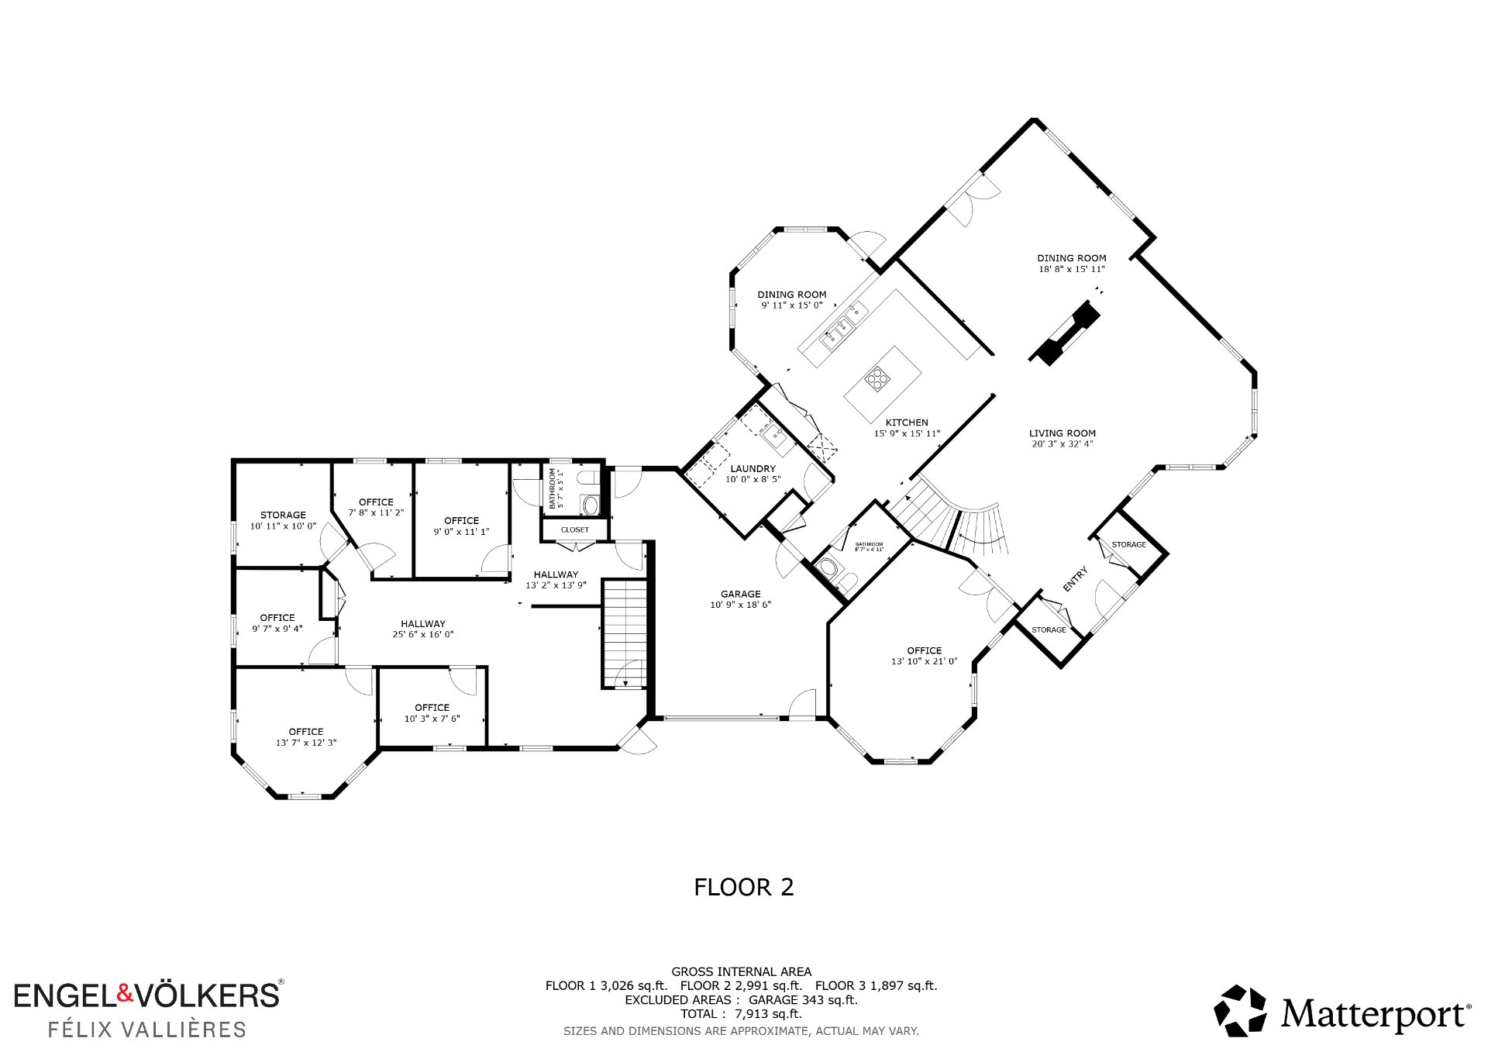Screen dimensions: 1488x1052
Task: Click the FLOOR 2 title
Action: coord(744,887)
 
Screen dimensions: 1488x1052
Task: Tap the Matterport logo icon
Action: coord(1240,1011)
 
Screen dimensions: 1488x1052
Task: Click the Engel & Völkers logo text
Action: coord(148,995)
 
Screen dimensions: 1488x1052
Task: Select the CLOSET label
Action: coord(575,529)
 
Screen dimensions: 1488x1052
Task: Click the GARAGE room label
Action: coord(740,594)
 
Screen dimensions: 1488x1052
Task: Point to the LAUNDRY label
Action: coord(753,468)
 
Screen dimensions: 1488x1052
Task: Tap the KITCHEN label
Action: coord(907,423)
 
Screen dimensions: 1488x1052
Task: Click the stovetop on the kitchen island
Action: coord(877,378)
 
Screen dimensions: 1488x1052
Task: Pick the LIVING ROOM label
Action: coord(1063,433)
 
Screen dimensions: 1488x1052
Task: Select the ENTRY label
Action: coord(1075,579)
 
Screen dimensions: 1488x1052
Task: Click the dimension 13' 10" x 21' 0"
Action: coord(925,661)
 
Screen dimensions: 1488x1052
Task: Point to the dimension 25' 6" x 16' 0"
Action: coord(423,634)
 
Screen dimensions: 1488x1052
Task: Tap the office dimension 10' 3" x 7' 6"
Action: coord(432,719)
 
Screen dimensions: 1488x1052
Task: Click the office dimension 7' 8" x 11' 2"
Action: coord(376,512)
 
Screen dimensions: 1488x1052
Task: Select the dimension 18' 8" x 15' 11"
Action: coord(1072,269)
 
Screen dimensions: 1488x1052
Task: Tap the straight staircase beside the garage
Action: coord(625,633)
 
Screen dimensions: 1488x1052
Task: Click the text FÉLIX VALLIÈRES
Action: coord(147,1030)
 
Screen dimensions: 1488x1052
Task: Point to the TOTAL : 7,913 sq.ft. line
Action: coord(741,1014)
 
